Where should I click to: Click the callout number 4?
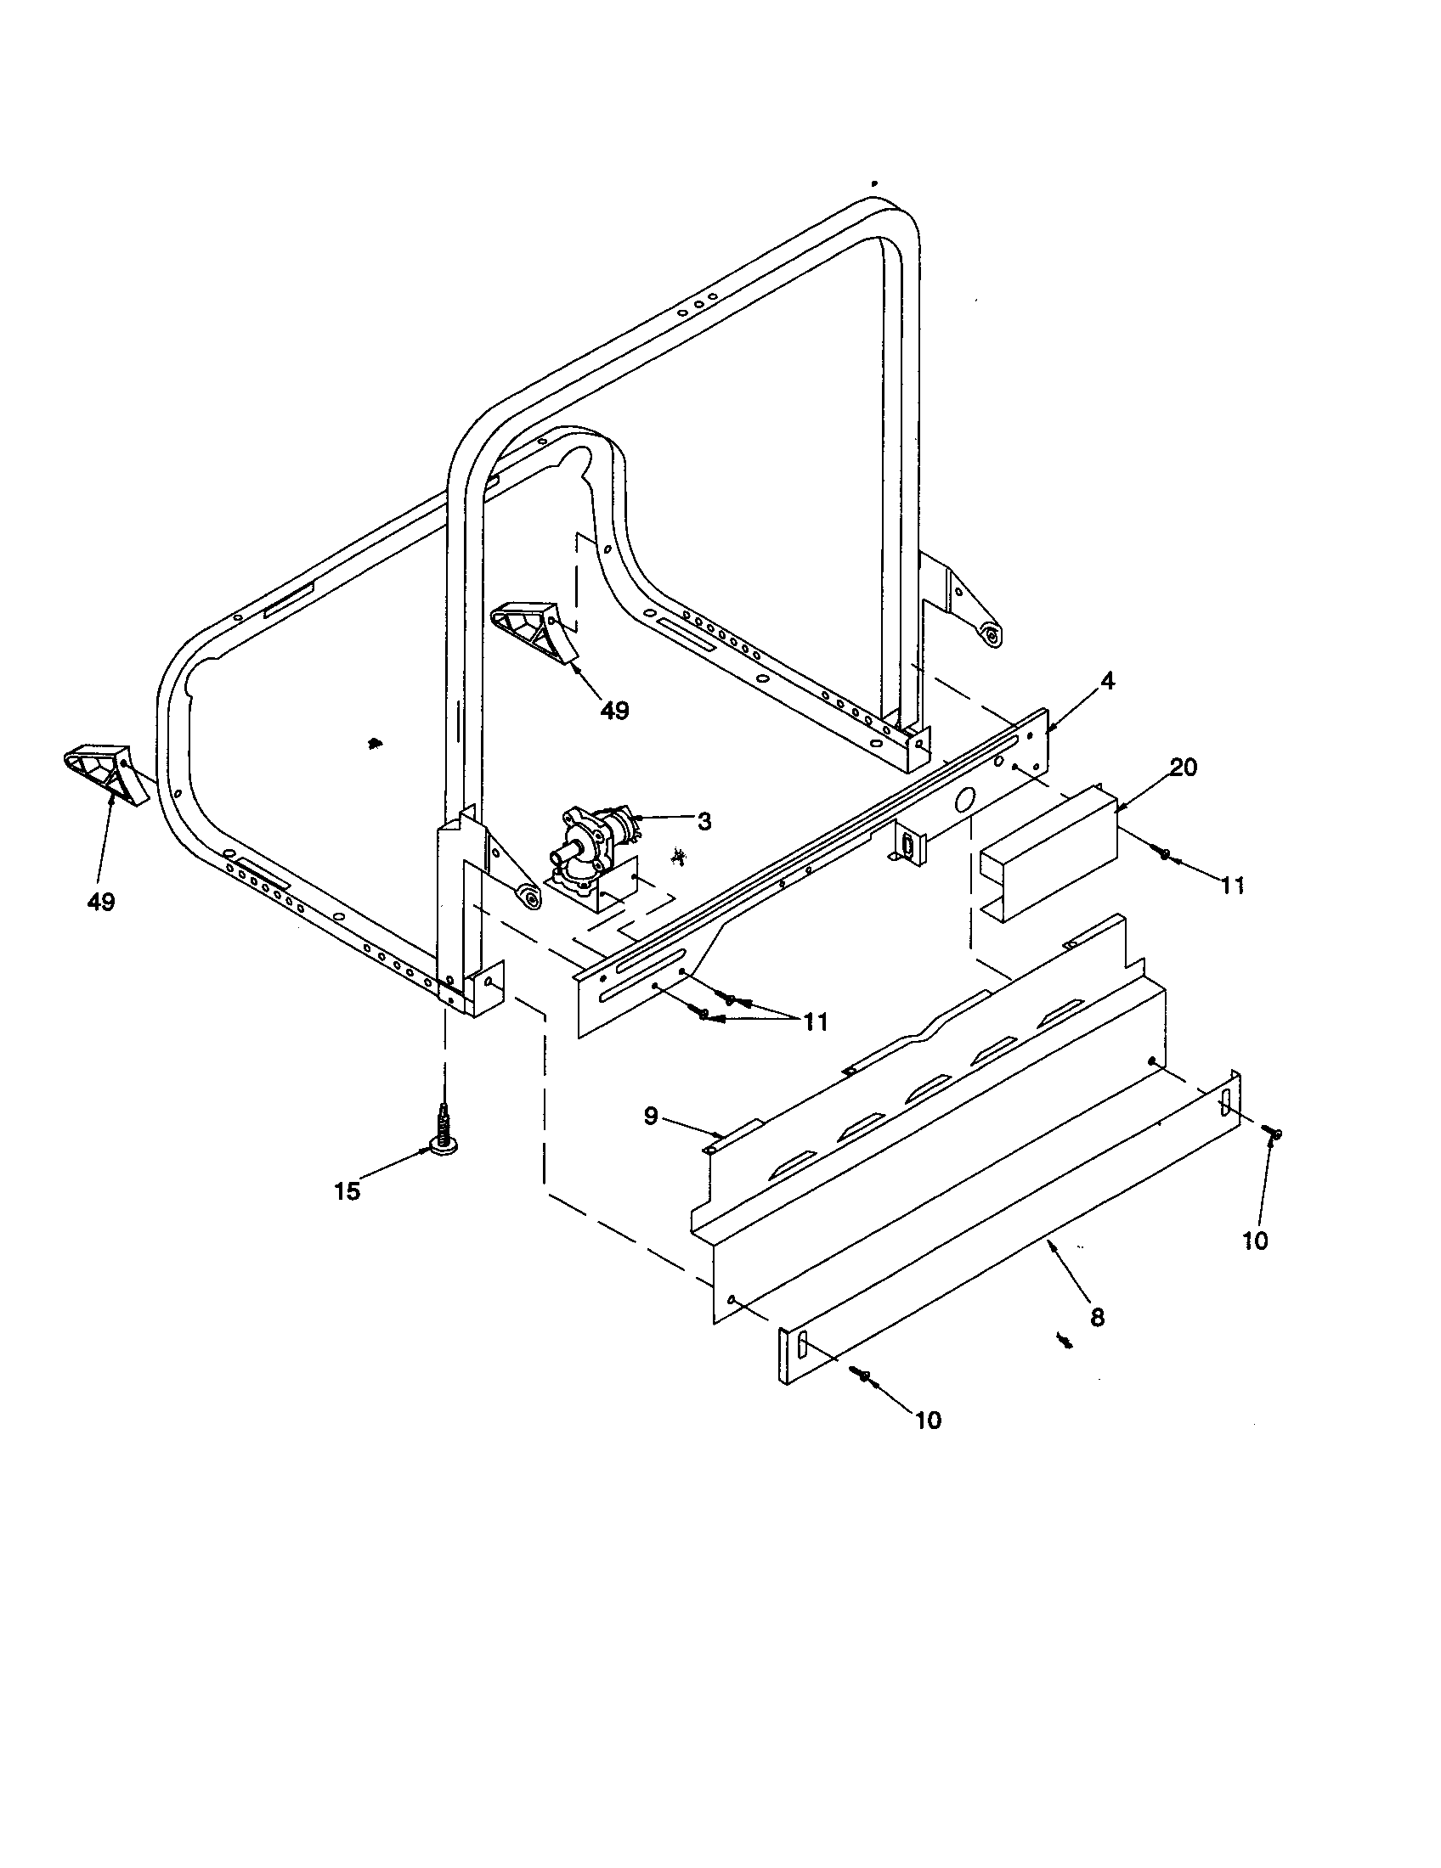point(1107,682)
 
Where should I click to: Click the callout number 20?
point(1184,768)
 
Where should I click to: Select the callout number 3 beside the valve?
point(704,821)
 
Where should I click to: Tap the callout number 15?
point(348,1191)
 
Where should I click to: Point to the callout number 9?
point(651,1117)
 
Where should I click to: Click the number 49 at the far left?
point(101,901)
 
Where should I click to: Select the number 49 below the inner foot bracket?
point(614,710)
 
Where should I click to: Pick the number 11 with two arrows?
point(815,1021)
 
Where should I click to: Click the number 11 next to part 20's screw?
point(1232,886)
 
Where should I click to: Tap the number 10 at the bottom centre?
point(928,1420)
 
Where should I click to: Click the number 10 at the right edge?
point(1254,1241)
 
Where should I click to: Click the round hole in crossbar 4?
point(963,802)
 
